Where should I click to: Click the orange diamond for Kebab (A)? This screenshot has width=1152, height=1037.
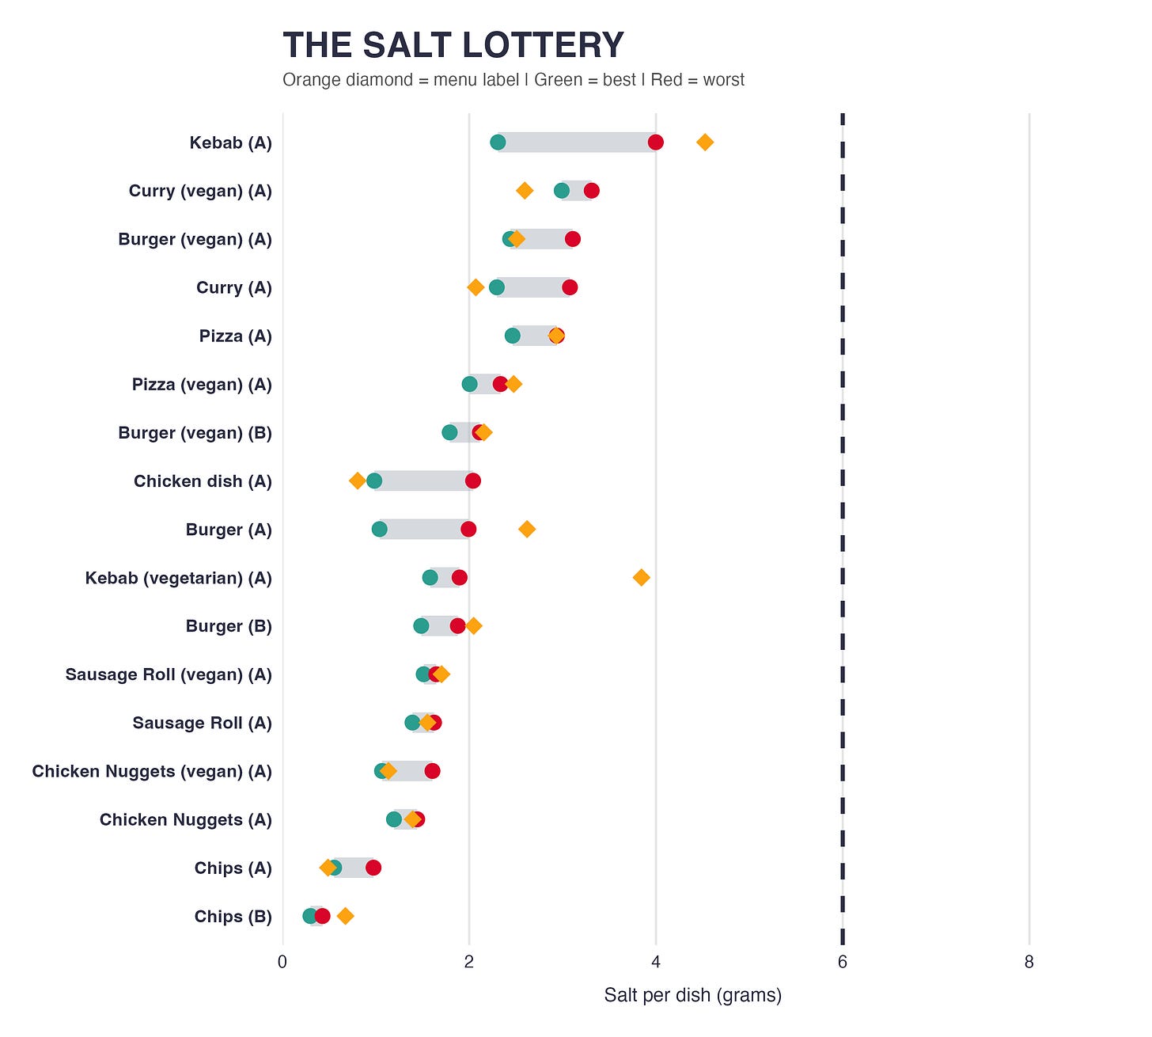click(705, 142)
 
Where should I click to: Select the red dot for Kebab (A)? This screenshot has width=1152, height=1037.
click(655, 142)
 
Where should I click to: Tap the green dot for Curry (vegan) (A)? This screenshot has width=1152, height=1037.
click(562, 191)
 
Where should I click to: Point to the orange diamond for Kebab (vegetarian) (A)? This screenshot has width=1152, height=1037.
click(642, 578)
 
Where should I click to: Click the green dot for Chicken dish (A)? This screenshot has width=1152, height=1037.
click(374, 481)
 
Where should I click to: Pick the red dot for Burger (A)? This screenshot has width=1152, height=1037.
click(468, 530)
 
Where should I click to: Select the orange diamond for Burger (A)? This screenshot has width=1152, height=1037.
click(527, 530)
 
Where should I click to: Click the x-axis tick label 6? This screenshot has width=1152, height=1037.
click(842, 963)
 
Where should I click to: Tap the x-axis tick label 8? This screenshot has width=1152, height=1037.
click(1029, 963)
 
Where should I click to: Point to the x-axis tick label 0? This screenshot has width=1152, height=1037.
click(282, 963)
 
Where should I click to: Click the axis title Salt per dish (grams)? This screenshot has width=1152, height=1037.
click(692, 996)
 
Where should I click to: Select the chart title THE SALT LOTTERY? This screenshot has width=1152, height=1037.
click(453, 45)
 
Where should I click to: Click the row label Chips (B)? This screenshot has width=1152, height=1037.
click(233, 917)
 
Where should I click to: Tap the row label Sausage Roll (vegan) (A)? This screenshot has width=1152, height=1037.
click(169, 675)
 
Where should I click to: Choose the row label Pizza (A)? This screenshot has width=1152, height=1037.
click(235, 336)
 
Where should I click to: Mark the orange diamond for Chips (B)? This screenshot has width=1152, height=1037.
click(345, 917)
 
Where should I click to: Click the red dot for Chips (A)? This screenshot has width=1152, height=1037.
click(373, 868)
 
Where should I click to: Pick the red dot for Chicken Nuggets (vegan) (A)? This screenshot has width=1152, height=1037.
click(432, 772)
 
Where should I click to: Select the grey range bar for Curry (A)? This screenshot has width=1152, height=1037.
click(533, 287)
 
